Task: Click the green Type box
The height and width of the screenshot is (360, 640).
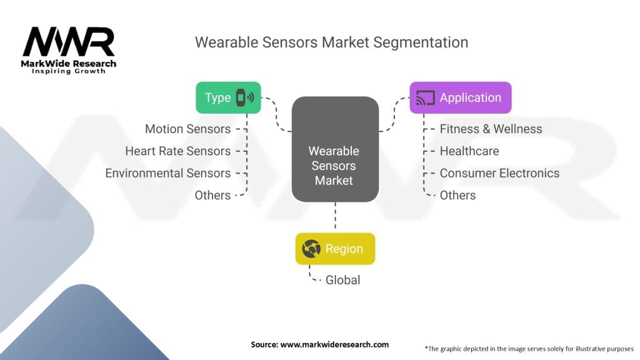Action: pos(228,97)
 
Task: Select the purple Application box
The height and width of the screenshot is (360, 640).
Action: pos(460,97)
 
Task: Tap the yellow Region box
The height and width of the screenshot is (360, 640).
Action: pos(335,249)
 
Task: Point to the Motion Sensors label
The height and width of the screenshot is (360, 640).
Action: pos(187,129)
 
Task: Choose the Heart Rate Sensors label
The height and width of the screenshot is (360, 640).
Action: pos(177,151)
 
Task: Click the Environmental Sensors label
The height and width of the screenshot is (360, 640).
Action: pos(167,173)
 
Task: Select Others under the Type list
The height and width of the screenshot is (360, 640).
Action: pos(212,195)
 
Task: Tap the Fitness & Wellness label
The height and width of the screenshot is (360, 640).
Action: pos(491,129)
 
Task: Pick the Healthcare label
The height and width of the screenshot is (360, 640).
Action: pos(469,151)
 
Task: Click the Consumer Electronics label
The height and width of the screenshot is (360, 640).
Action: pos(499,173)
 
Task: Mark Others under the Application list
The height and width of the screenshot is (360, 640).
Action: pos(457,195)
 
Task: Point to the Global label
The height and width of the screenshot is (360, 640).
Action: pos(342,280)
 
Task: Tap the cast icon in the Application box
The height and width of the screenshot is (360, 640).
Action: pos(425,98)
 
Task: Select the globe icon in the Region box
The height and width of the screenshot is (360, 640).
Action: pos(311,249)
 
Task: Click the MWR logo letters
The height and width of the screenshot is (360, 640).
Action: pos(69,42)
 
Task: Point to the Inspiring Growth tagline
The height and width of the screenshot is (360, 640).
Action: pos(69,71)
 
